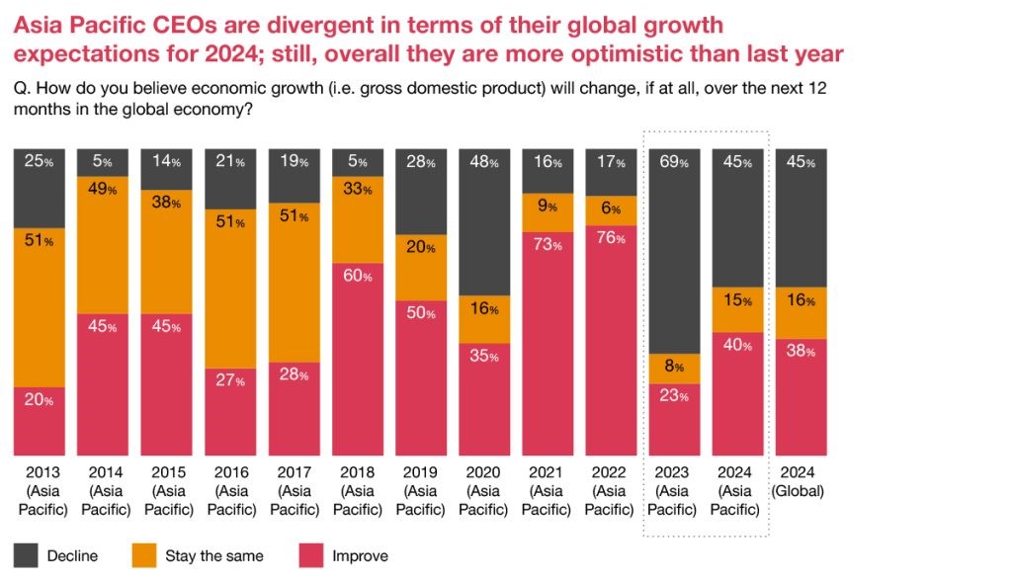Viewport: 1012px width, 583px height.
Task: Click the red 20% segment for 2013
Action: [39, 421]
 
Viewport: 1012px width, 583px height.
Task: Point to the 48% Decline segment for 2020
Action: [483, 222]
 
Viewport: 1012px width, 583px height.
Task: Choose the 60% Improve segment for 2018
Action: [357, 360]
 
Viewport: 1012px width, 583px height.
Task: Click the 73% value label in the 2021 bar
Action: [547, 245]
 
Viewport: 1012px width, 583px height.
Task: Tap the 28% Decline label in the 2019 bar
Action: [420, 162]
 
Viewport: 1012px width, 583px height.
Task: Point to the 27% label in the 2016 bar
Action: [229, 381]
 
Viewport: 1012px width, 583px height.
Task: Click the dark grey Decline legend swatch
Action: [26, 555]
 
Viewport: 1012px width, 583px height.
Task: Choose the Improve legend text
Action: [361, 556]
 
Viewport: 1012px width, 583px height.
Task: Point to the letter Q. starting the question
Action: [21, 87]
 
